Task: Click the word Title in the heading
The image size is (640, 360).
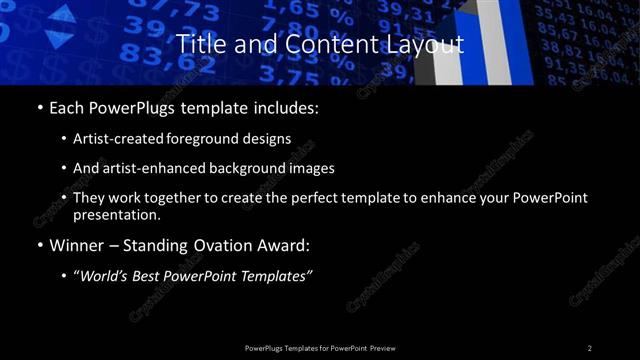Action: click(198, 45)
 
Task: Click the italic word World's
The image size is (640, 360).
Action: click(105, 276)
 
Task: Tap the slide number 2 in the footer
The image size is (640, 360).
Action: click(590, 348)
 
